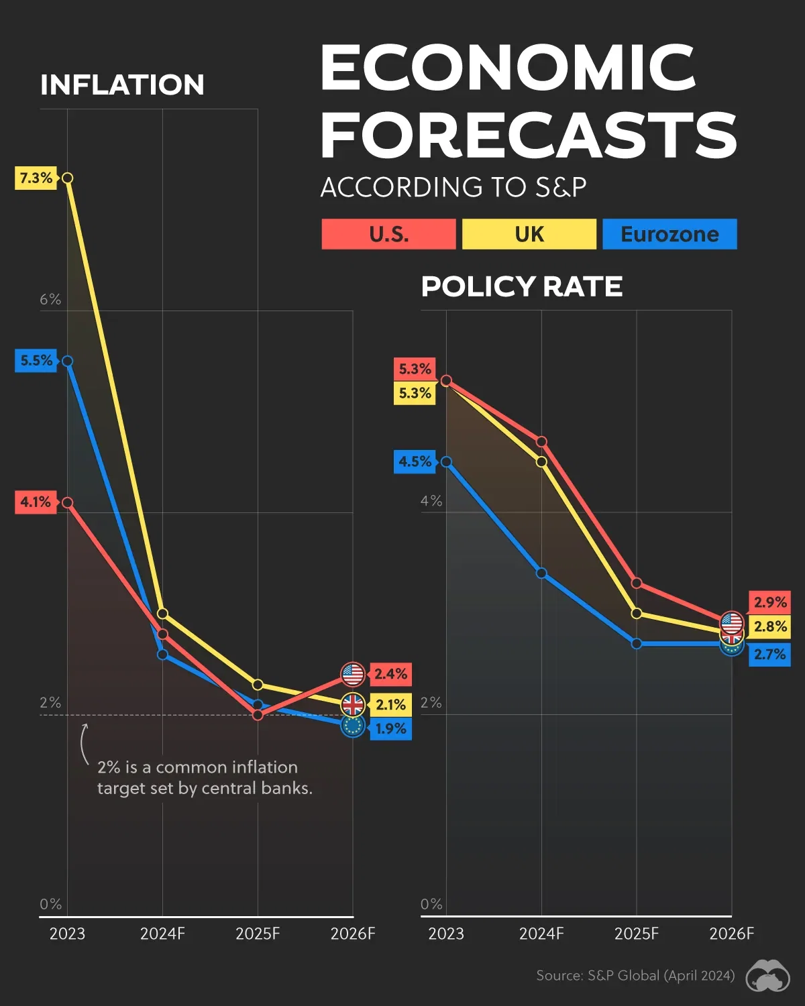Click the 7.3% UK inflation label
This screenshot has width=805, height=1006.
click(36, 178)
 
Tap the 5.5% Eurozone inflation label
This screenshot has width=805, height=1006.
click(36, 360)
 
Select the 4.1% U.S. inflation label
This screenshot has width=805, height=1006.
click(35, 502)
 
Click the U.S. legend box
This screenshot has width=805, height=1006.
click(388, 234)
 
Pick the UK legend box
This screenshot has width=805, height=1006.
click(529, 234)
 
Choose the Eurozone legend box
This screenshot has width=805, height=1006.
click(669, 234)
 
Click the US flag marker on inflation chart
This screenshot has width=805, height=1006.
click(353, 674)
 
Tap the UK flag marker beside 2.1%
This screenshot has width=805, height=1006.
click(353, 705)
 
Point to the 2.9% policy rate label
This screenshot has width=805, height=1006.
click(769, 602)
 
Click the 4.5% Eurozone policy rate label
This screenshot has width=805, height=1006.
click(415, 461)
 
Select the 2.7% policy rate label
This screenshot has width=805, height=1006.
click(769, 654)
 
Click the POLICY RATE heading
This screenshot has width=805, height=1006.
click(521, 286)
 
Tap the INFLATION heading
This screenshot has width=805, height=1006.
click(122, 85)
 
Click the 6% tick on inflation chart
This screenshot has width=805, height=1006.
click(50, 299)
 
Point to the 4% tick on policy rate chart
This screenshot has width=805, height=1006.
click(431, 501)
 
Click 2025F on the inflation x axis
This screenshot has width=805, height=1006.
click(258, 934)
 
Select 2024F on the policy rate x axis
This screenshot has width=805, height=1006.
click(541, 934)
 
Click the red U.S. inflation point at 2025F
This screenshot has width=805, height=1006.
click(258, 715)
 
